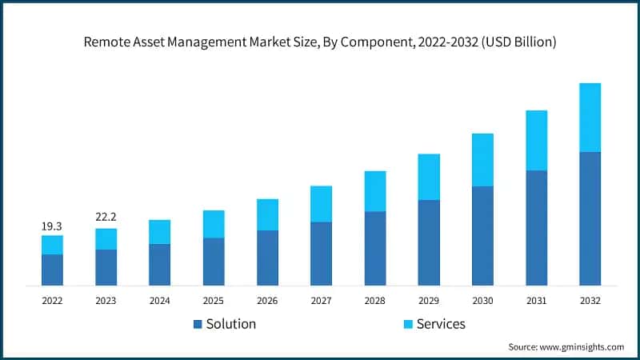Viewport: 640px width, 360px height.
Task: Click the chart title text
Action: click(320, 42)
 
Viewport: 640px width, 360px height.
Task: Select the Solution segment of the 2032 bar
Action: click(590, 218)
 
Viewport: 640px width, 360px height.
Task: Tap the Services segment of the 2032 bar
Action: click(590, 117)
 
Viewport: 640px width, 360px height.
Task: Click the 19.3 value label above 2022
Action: click(52, 227)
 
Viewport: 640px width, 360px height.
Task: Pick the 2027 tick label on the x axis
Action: click(321, 300)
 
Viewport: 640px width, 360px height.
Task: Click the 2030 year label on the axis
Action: click(482, 300)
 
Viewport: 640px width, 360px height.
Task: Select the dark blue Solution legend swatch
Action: click(198, 324)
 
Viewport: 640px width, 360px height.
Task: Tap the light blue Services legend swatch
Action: click(407, 324)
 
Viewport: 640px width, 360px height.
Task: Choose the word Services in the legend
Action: click(441, 324)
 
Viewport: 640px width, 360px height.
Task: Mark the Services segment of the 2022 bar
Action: click(52, 245)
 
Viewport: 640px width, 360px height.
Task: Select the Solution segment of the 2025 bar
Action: click(214, 262)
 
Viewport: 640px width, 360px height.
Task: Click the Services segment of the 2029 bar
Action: click(429, 177)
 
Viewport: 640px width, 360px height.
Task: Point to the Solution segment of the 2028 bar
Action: click(375, 248)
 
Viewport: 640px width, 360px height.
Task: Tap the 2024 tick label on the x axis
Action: click(159, 300)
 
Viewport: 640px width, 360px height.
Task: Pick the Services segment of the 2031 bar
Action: click(536, 140)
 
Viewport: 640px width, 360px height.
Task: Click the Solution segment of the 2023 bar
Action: click(106, 267)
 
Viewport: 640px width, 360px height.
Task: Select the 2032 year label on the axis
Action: click(590, 300)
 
